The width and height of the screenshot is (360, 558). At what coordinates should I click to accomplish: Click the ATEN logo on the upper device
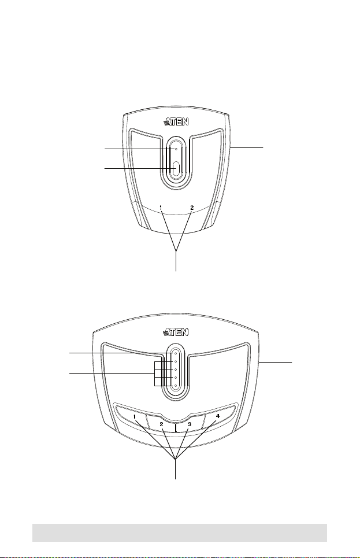point(176,123)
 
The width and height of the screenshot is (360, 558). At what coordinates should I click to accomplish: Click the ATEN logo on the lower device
point(176,332)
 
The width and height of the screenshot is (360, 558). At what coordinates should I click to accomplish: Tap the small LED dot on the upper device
point(176,149)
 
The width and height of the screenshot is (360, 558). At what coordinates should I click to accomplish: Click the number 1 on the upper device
point(161,207)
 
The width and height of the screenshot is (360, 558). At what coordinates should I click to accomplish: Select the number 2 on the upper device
point(192,207)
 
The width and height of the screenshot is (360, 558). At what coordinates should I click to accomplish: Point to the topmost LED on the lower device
point(176,354)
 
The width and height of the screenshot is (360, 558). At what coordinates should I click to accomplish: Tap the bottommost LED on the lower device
point(176,386)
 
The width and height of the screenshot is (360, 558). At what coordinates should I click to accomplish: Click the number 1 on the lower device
point(135,416)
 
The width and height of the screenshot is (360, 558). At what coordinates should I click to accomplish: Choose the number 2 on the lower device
point(161,424)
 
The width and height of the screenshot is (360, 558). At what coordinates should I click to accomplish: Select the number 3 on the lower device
point(190,424)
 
